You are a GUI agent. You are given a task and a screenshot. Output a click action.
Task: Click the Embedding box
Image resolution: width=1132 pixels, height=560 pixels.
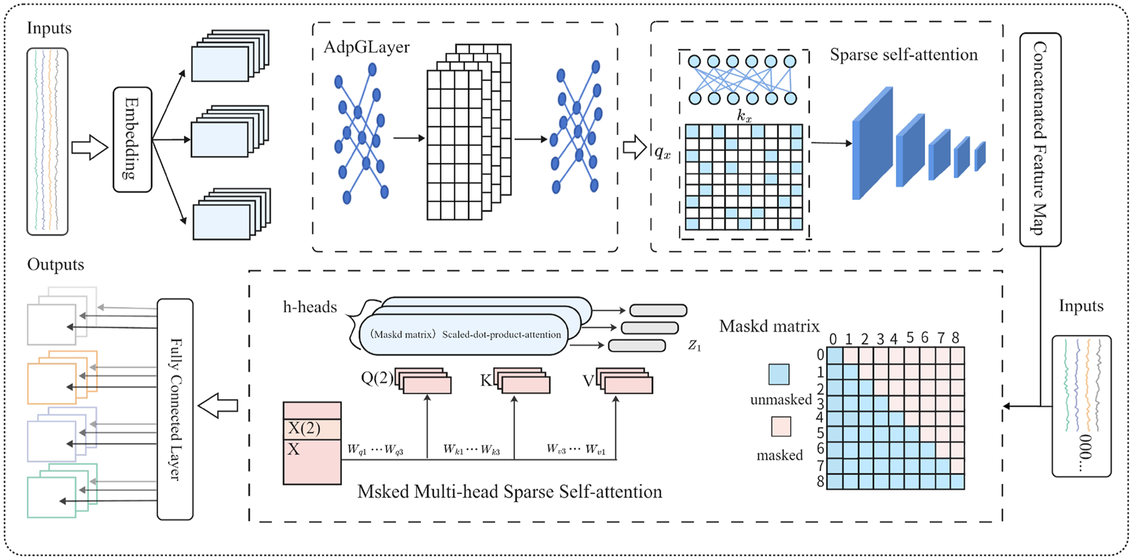pos(132,139)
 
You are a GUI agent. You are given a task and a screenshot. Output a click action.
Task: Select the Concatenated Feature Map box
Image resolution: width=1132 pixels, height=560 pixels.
pos(1040,139)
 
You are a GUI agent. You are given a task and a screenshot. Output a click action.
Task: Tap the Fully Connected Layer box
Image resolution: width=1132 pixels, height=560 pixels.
pos(175,409)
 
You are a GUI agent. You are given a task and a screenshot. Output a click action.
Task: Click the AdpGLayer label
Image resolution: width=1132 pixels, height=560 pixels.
pos(366,47)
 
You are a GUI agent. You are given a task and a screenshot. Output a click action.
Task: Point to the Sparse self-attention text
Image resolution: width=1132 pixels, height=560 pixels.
pos(903,55)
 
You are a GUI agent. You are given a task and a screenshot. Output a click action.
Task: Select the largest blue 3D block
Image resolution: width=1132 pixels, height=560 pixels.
pos(872,144)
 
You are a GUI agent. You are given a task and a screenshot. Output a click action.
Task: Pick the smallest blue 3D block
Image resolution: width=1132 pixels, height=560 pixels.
pos(980,157)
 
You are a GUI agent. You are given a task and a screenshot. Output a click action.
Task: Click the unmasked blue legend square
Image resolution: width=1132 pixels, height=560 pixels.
pos(779,374)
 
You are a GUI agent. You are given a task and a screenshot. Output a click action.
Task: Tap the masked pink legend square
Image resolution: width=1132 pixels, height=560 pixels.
pos(781,426)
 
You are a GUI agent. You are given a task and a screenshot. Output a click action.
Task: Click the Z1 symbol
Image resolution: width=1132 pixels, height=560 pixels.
pos(694,346)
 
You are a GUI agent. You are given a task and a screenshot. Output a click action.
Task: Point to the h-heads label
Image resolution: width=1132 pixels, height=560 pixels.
pos(310,307)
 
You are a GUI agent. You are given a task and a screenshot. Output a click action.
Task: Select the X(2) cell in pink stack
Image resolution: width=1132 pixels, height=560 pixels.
pos(312,428)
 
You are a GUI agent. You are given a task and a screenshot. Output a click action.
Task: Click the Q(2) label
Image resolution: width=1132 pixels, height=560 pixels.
pos(377,378)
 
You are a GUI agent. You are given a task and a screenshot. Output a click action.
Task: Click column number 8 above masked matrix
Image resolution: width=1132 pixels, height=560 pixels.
pos(956,338)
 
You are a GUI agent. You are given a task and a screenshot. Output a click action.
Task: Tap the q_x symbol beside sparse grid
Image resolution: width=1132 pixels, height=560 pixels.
pos(662,153)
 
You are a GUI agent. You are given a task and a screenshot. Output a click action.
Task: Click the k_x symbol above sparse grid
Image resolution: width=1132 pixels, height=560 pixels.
pos(744,116)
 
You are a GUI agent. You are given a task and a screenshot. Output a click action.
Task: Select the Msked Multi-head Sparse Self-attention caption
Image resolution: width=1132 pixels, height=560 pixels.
pos(509,492)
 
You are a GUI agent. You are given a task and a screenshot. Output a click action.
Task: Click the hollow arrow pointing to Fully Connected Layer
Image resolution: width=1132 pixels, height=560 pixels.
pos(218,405)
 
